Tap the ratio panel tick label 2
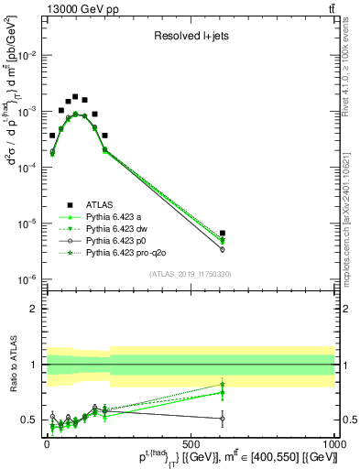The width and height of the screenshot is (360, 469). tap(35, 309)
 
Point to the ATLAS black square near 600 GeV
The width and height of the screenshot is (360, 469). tap(223, 234)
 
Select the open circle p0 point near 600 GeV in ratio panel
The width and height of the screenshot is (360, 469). tap(223, 419)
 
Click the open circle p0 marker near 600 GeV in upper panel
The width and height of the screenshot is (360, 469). tap(223, 249)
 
